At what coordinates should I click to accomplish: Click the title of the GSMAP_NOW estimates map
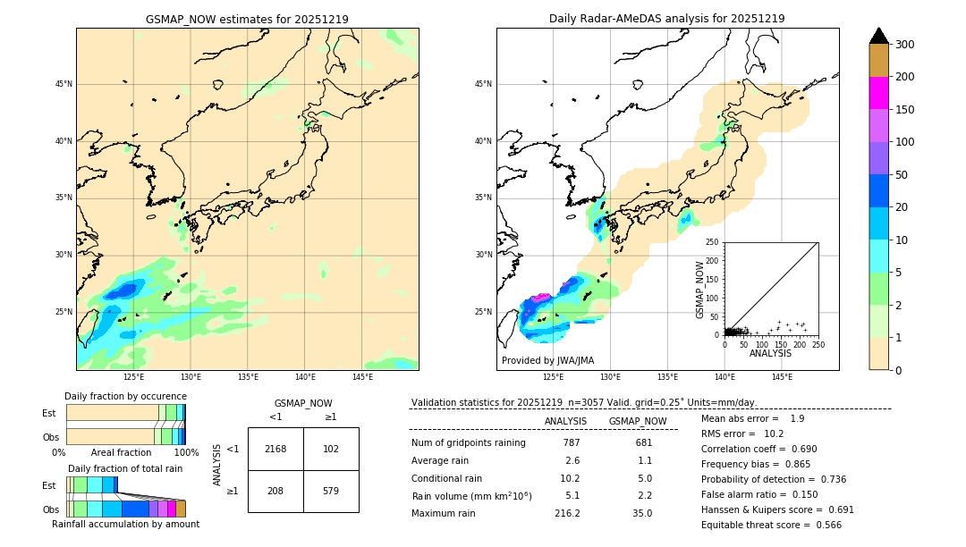coord(247,19)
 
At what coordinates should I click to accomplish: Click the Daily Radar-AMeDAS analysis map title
coord(666,19)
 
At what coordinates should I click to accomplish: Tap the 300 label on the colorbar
coord(905,45)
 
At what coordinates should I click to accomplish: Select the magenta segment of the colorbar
coord(879,93)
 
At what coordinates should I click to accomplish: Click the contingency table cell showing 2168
coord(275,449)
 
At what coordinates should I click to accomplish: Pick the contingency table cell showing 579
coord(331,491)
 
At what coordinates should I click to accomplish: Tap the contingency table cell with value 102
coord(331,449)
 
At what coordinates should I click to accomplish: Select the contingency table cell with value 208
coord(275,491)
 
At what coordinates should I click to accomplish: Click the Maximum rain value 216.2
coord(567,514)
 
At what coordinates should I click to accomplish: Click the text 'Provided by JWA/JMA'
coord(547,361)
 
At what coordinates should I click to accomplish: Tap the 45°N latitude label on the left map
coord(64,84)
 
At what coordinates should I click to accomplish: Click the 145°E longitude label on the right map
coord(782,377)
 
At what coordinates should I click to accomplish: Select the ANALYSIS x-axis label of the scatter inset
coord(770,354)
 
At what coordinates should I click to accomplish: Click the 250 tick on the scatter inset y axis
coord(712,242)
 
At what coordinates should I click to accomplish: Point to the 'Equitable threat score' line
coord(771,525)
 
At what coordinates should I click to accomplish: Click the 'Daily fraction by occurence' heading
coord(125,396)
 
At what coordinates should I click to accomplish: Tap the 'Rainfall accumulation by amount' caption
coord(125,525)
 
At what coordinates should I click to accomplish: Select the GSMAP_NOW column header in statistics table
coord(638,421)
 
